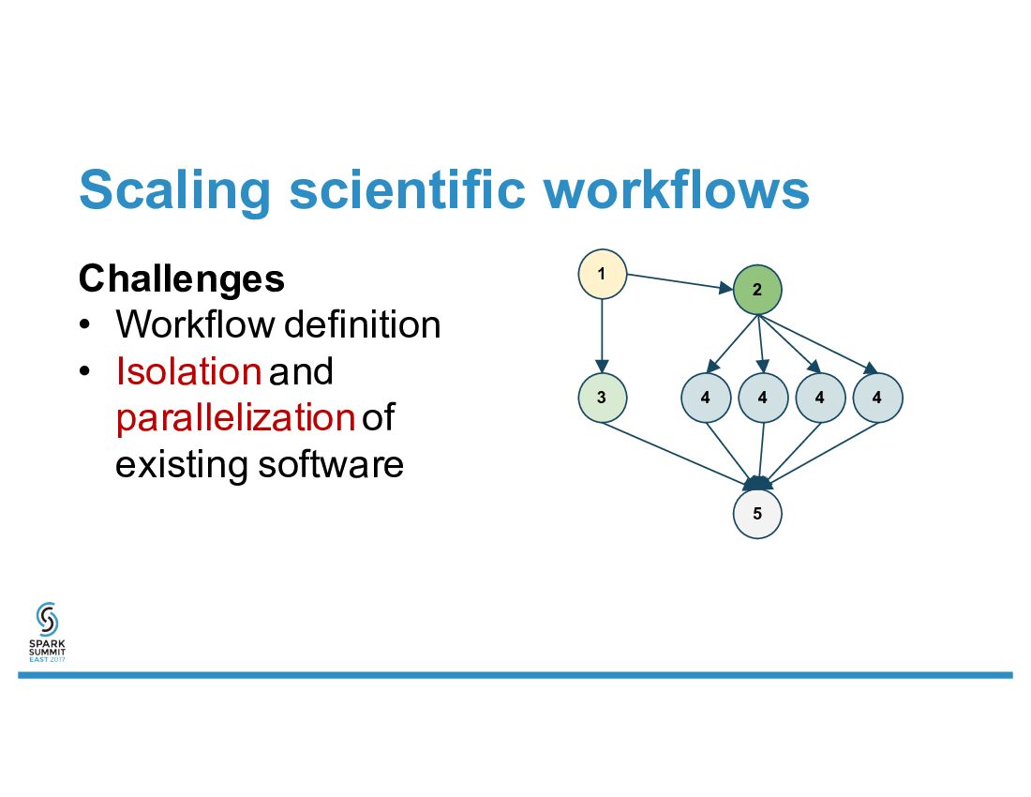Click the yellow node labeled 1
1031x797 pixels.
[x=602, y=274]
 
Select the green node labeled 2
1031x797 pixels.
[x=757, y=290]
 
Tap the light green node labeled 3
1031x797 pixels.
[x=602, y=398]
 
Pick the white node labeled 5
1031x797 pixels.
[x=757, y=514]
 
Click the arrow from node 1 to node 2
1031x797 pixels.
[x=679, y=282]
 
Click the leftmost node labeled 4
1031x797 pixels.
[x=705, y=398]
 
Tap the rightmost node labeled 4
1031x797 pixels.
[x=877, y=398]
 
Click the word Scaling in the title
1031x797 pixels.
[x=174, y=190]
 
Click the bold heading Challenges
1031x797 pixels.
[x=182, y=278]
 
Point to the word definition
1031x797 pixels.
[x=362, y=324]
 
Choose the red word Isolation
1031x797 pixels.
[x=187, y=371]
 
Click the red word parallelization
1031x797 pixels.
[x=234, y=418]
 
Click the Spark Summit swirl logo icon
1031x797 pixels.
[x=47, y=620]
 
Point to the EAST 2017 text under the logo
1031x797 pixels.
[x=47, y=659]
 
